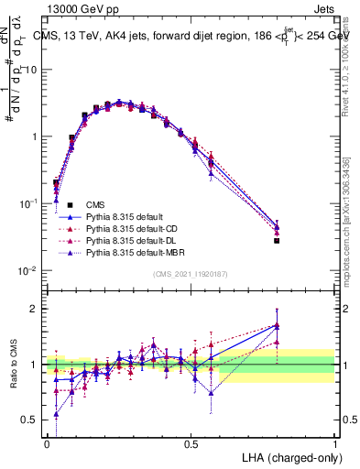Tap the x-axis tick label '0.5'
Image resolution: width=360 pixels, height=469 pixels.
[x=191, y=444]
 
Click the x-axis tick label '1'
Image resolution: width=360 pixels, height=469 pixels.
[x=334, y=444]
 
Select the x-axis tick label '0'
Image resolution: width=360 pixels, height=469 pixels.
[x=47, y=444]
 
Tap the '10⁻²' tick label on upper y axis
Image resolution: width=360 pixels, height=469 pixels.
[x=29, y=270]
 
